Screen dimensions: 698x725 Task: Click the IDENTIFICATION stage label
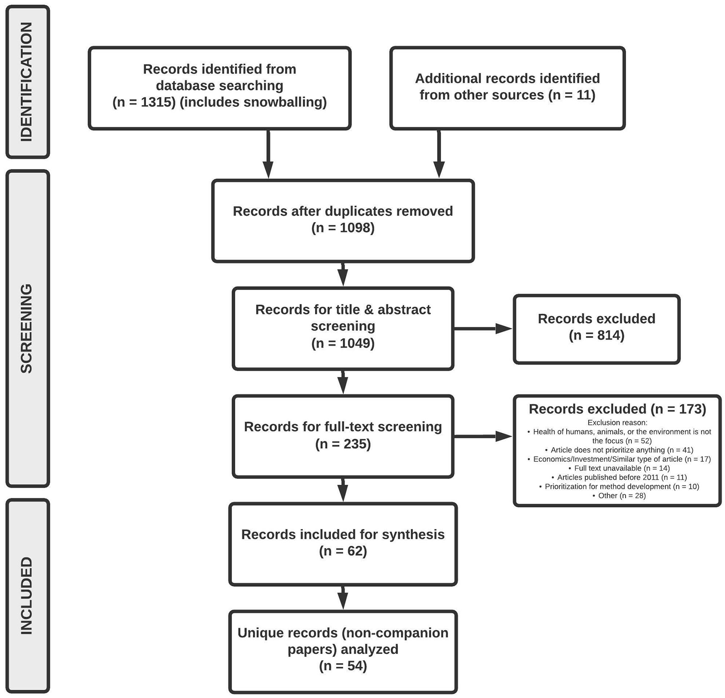tap(27, 82)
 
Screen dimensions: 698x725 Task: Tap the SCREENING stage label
tap(27, 328)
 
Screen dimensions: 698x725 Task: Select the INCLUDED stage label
tap(27, 595)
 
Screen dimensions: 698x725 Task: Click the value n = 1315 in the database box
tap(144, 102)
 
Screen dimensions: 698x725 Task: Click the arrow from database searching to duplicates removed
tap(268, 154)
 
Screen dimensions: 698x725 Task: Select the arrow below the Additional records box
tap(439, 154)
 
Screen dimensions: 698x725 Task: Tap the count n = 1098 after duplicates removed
tap(343, 227)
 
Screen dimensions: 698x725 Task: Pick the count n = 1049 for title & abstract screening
tap(343, 343)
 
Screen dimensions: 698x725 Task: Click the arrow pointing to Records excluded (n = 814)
tap(483, 329)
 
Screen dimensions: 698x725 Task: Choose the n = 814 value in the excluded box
tap(597, 335)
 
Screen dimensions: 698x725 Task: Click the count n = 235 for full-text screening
tap(343, 444)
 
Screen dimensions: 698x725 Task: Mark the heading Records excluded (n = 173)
tap(617, 409)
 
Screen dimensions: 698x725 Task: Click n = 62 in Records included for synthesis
tap(343, 551)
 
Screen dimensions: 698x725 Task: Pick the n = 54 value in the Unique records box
tap(343, 666)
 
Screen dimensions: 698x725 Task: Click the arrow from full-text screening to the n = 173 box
tap(483, 437)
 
